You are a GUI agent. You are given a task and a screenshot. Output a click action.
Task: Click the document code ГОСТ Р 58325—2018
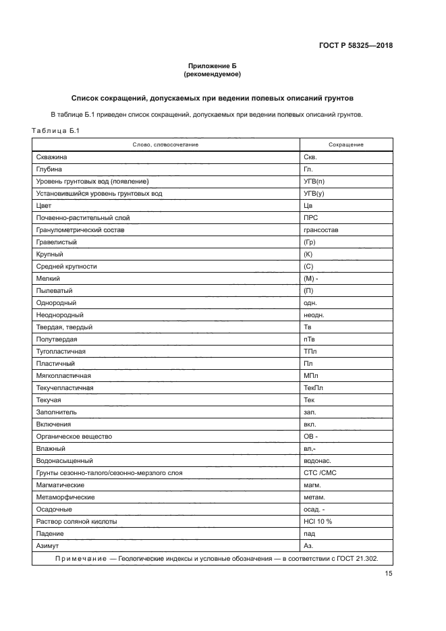click(x=356, y=46)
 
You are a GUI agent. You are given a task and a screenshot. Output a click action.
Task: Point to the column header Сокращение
click(x=346, y=145)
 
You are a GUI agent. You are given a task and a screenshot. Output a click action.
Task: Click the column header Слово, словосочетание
click(x=165, y=145)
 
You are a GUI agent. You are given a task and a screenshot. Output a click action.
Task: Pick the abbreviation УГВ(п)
click(x=314, y=182)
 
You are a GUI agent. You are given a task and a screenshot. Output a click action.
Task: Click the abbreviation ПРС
click(x=311, y=218)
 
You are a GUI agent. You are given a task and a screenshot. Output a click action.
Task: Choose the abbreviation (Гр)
click(x=310, y=242)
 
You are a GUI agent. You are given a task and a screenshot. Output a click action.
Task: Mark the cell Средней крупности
click(x=66, y=267)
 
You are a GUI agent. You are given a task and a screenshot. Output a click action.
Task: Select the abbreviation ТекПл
click(x=314, y=388)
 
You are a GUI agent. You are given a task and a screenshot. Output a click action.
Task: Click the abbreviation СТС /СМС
click(x=320, y=473)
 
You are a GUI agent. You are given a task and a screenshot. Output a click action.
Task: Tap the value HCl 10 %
click(x=318, y=522)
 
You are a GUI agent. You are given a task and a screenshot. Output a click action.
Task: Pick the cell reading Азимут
click(x=48, y=546)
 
